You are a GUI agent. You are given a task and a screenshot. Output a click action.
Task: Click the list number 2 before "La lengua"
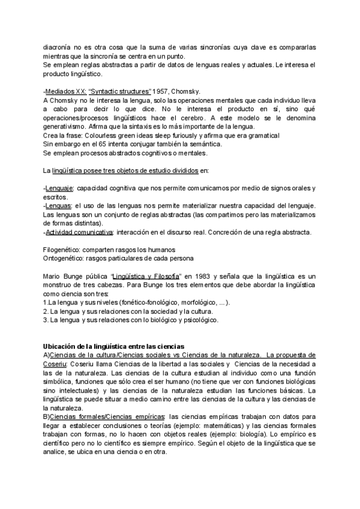pos(46,311)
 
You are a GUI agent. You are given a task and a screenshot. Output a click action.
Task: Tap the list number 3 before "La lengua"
pos(46,320)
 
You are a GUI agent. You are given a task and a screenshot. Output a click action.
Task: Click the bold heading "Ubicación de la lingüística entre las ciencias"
pos(113,347)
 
